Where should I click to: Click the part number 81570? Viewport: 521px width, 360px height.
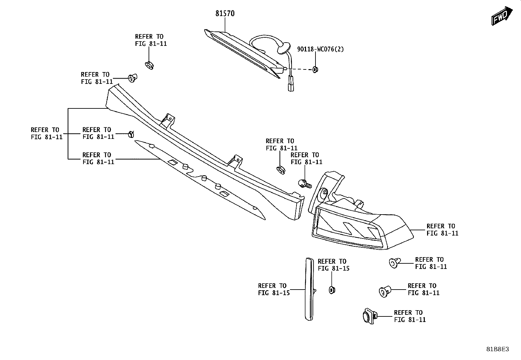tap(225, 13)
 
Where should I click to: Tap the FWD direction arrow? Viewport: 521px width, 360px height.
tap(502, 16)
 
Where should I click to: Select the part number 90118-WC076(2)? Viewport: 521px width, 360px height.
tap(320, 49)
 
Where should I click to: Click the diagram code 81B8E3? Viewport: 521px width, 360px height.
tap(497, 349)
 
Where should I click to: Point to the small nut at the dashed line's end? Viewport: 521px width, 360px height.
tap(315, 69)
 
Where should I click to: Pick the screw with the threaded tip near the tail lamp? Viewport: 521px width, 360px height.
tap(305, 183)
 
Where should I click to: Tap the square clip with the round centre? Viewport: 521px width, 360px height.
tap(369, 316)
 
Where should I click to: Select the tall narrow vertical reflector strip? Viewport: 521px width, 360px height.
tap(309, 289)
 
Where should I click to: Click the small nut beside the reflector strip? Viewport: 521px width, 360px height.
tap(332, 290)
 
